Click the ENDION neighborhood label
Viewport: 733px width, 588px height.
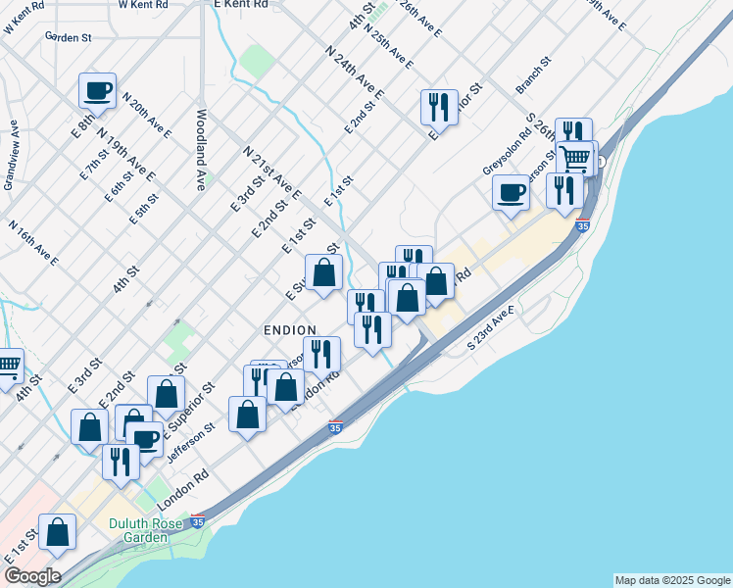pos(290,330)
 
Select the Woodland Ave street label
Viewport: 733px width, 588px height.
pos(201,148)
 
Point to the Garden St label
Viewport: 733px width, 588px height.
pos(68,37)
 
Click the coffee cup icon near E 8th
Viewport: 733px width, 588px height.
pos(98,90)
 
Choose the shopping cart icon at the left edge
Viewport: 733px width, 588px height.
pos(8,367)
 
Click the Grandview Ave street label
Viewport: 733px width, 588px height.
pos(11,154)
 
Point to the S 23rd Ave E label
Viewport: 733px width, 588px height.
pos(491,327)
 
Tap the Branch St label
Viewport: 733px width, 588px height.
pos(534,74)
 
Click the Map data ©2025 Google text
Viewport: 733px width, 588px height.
pos(672,580)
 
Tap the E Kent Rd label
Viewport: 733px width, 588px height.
pos(240,5)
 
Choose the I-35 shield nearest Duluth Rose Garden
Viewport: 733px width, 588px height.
pos(198,522)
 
